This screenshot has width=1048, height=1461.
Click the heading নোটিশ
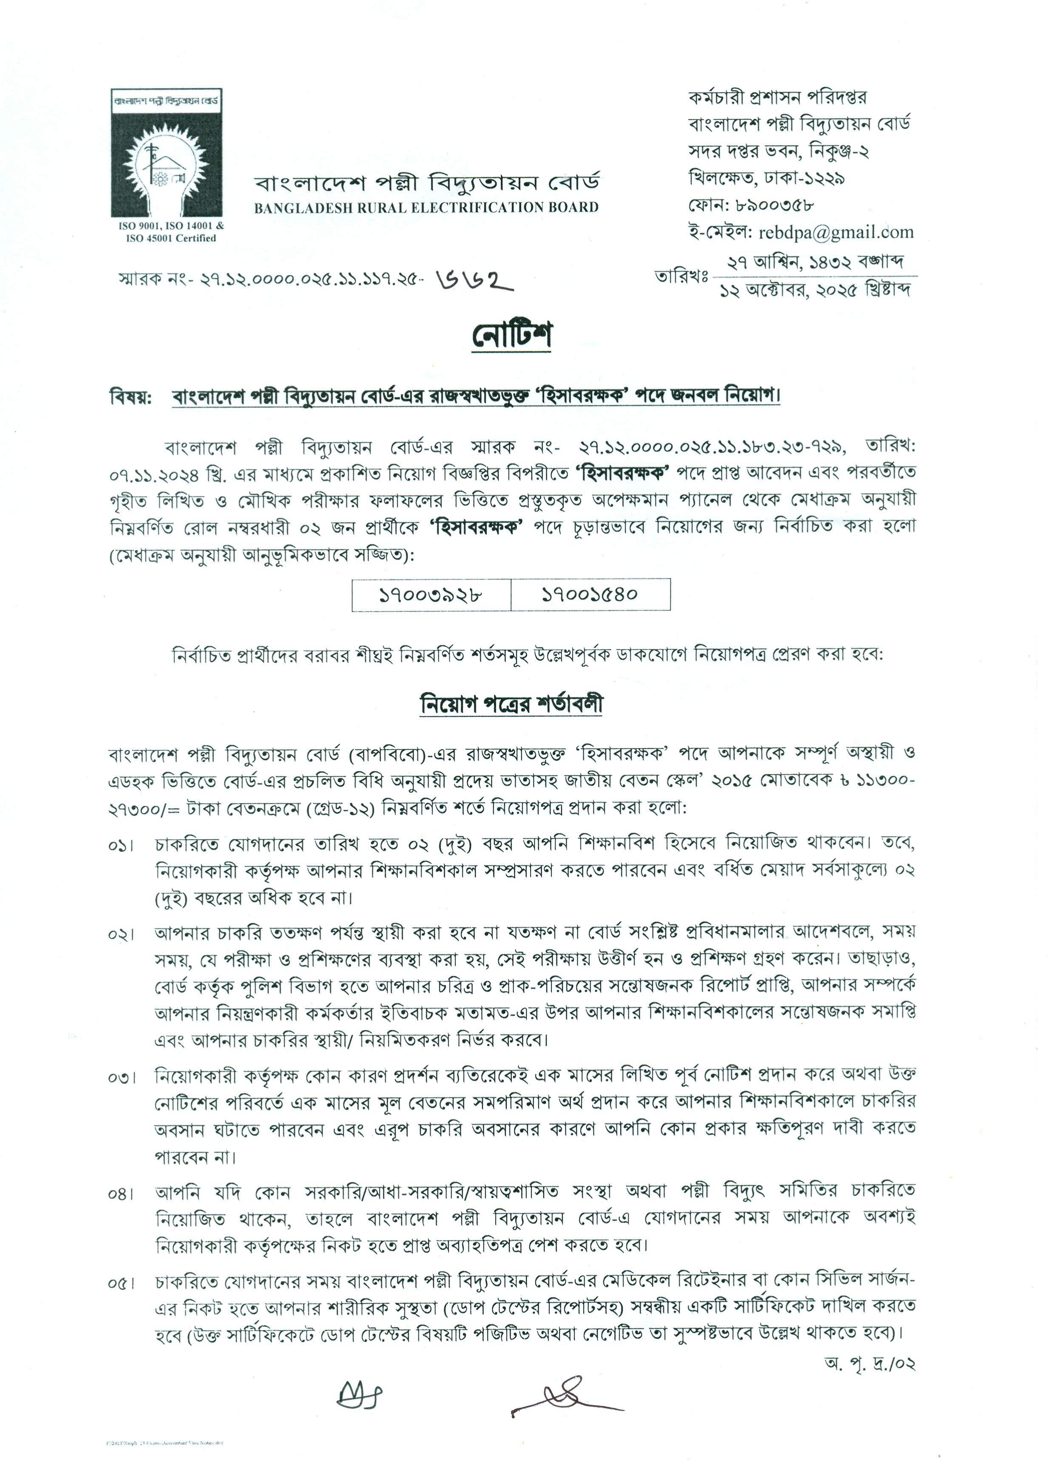512,335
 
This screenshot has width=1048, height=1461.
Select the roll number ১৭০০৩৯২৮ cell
431,594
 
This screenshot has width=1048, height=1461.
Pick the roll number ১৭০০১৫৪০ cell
590,594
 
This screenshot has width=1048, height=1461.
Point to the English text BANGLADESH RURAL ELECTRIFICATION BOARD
426,208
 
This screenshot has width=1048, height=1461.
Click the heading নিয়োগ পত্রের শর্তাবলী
512,703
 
